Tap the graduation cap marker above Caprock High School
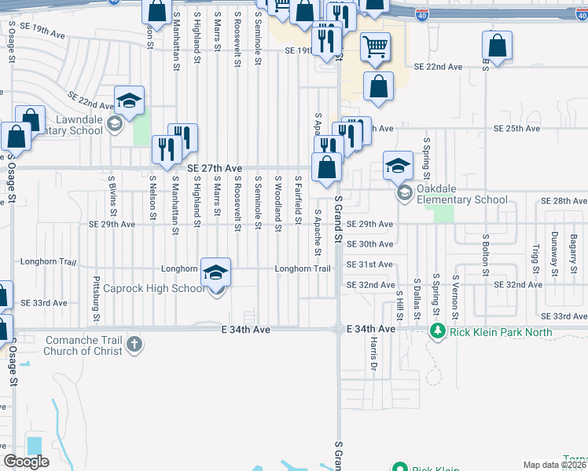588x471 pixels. (x=216, y=272)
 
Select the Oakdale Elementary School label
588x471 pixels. (x=463, y=199)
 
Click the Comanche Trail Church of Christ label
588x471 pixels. (x=85, y=345)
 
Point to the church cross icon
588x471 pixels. (x=134, y=344)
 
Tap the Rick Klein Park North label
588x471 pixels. (x=501, y=332)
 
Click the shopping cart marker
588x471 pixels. (x=376, y=47)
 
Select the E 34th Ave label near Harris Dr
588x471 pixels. (x=373, y=329)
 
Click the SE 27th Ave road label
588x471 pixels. (x=214, y=167)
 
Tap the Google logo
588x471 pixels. (x=26, y=462)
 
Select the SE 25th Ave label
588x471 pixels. (x=516, y=128)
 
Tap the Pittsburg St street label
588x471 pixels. (x=97, y=298)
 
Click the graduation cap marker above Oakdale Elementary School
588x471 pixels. (x=398, y=165)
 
